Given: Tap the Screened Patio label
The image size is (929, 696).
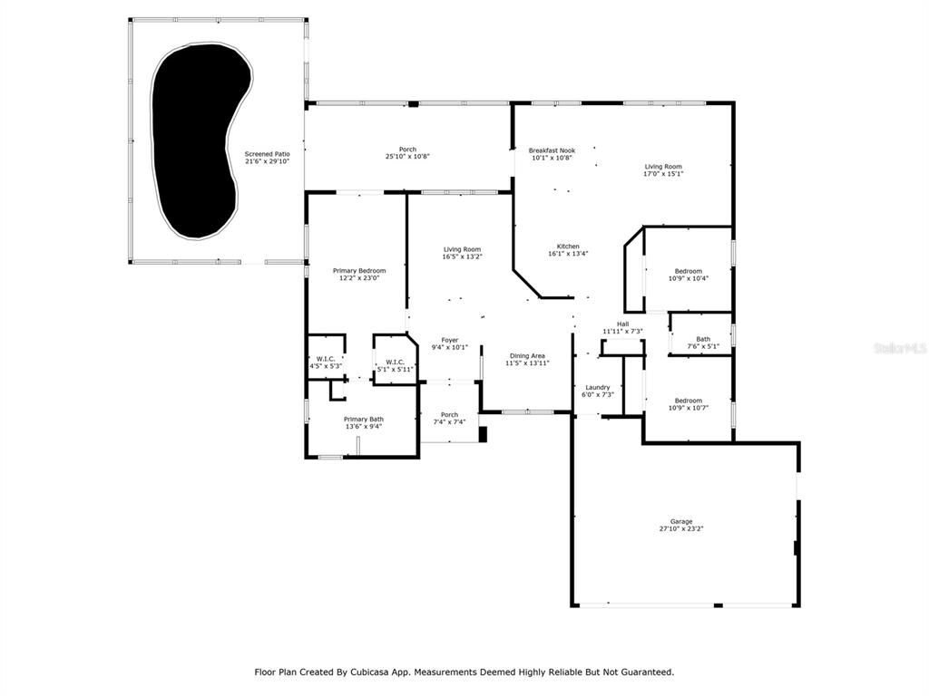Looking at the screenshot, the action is point(268,158).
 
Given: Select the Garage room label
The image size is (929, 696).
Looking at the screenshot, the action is point(681,526).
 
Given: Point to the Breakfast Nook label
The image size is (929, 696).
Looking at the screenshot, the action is point(553,154).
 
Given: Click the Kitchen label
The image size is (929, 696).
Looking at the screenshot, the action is point(568,250).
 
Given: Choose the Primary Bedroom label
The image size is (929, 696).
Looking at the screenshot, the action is point(359,274).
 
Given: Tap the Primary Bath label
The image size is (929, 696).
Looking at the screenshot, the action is point(364,422).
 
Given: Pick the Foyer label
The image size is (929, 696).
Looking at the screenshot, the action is point(450,343).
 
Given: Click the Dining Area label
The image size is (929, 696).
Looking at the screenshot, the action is point(527,359).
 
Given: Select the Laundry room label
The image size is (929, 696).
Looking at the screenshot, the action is point(597,391).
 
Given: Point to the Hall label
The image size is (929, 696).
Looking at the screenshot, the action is point(622,327).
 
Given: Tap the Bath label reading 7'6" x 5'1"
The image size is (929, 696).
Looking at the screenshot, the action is point(703,343).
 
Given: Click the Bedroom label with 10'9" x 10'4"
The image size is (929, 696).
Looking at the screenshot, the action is point(689,275).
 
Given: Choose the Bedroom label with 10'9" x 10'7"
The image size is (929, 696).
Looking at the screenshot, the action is point(689,404).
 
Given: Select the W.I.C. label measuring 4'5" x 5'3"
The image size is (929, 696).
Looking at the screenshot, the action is point(326,362).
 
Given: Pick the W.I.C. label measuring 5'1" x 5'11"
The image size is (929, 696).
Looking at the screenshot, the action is point(396,365).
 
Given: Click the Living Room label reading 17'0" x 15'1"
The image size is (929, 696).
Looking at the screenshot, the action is point(663,169).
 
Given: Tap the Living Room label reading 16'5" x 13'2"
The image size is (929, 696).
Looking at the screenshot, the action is point(462,253).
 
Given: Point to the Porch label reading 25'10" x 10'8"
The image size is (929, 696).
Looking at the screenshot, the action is point(407,152).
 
